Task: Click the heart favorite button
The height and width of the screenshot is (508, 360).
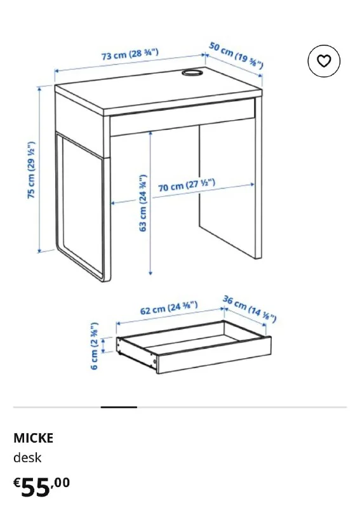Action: [324, 61]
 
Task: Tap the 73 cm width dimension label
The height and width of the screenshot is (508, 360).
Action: [130, 54]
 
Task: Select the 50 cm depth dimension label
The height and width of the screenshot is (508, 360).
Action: [236, 55]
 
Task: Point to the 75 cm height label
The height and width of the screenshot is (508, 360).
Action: [30, 170]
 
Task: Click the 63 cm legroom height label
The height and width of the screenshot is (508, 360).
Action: [143, 203]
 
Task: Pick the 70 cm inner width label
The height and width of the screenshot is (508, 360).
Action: [186, 185]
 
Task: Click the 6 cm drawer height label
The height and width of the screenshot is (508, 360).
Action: [94, 345]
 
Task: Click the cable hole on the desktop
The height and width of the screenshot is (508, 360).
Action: [192, 72]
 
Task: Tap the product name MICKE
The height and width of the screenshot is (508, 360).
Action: [34, 438]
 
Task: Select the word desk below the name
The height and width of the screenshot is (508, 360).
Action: [27, 457]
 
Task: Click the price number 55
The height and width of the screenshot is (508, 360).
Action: [36, 487]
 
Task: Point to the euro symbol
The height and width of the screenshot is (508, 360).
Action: [17, 483]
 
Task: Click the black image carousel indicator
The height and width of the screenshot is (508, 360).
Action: [119, 407]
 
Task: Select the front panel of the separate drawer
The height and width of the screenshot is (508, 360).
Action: [214, 356]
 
